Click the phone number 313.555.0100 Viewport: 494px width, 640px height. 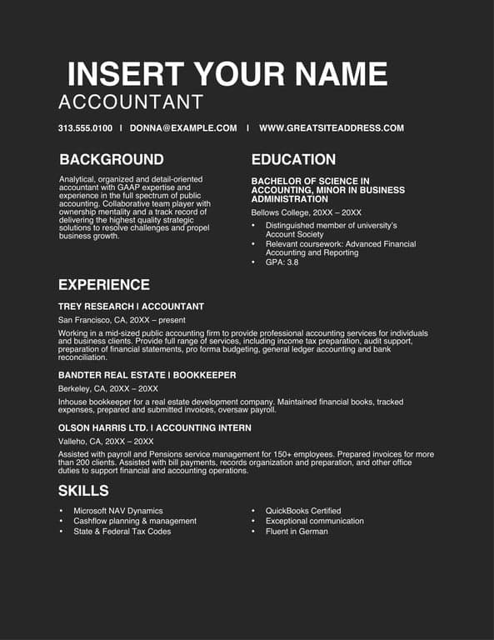click(x=85, y=128)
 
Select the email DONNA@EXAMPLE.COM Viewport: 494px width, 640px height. click(x=183, y=128)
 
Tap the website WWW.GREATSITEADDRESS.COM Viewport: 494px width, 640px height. click(x=332, y=128)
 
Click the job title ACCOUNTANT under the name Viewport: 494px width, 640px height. click(x=131, y=102)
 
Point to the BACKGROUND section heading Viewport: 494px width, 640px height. click(x=112, y=159)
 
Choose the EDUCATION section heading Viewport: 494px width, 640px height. click(x=293, y=159)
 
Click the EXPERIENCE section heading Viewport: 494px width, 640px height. click(x=104, y=285)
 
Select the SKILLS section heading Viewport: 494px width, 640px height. click(x=83, y=490)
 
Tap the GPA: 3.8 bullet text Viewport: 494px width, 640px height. click(x=282, y=262)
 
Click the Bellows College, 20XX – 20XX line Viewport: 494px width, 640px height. click(x=307, y=212)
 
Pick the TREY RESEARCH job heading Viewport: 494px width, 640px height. click(x=131, y=307)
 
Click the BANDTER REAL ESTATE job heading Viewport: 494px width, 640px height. click(x=147, y=375)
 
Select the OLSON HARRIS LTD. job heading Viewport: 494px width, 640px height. click(x=154, y=427)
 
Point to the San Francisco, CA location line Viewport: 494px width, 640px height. click(x=122, y=319)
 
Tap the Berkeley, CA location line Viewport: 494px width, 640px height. click(x=108, y=388)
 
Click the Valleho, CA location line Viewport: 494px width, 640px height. click(x=106, y=441)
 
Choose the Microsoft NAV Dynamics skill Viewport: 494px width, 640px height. click(x=118, y=511)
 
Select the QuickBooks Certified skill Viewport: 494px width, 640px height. click(x=303, y=511)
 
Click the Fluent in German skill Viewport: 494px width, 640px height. click(x=297, y=531)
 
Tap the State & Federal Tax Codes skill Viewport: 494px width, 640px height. click(x=122, y=531)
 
